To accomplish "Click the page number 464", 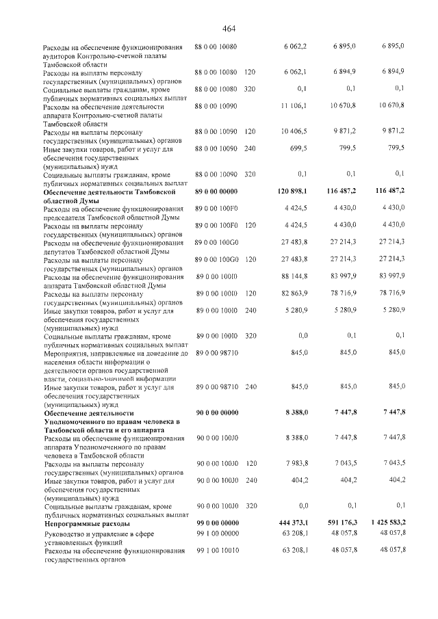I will tap(229, 28).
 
